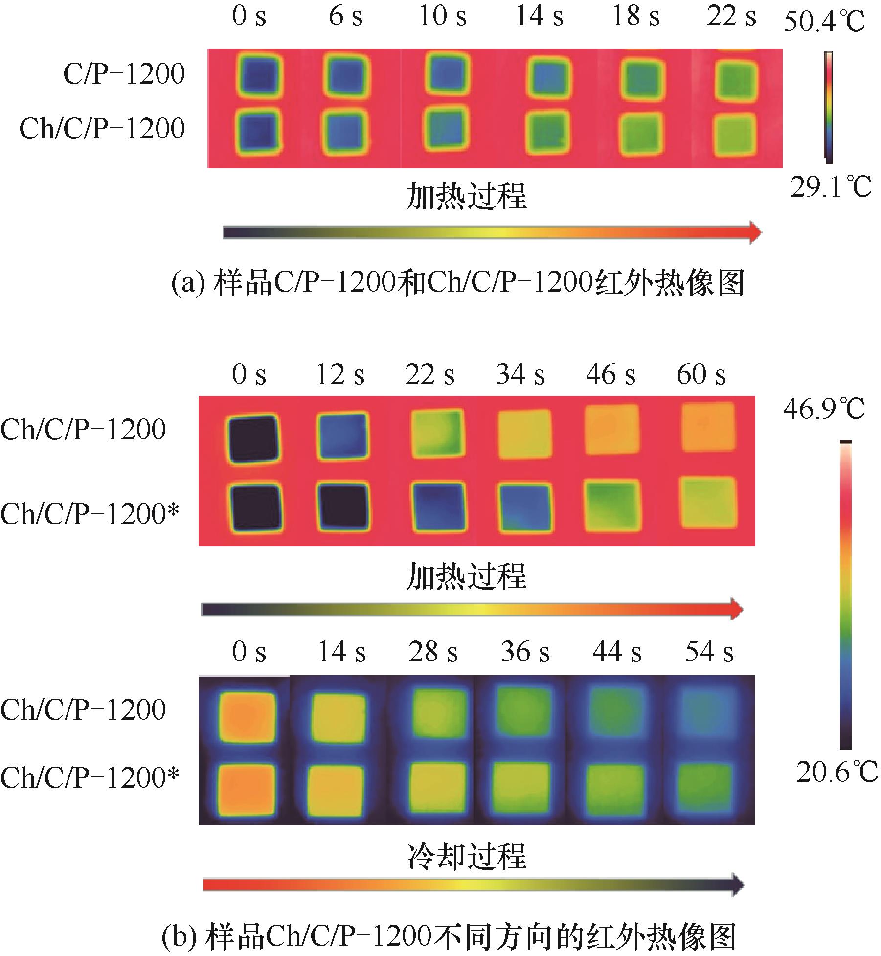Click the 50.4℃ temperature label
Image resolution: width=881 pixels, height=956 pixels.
point(824,22)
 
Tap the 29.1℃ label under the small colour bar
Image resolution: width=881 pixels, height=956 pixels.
point(831,187)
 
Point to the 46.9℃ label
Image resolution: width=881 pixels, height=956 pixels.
point(824,409)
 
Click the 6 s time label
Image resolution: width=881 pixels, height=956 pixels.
point(345,17)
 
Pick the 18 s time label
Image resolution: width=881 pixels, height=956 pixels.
point(635,17)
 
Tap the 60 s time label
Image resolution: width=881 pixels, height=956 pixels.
point(701,375)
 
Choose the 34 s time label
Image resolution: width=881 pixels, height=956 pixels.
point(520,375)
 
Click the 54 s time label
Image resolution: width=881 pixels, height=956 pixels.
point(709,652)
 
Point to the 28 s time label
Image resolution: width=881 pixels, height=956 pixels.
point(433,652)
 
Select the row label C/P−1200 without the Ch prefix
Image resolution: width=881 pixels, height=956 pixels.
point(124,74)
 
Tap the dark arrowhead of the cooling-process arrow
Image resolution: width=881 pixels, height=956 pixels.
point(737,885)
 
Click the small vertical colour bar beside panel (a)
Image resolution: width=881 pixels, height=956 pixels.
point(829,107)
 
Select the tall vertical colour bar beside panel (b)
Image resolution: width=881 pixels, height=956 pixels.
point(845,595)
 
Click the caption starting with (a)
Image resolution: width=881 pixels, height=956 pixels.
point(457,284)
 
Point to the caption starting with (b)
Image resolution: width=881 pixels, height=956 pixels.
point(449,936)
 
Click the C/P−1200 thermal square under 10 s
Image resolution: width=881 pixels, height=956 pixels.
point(447,73)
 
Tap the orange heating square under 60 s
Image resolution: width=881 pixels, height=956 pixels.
point(708,427)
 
